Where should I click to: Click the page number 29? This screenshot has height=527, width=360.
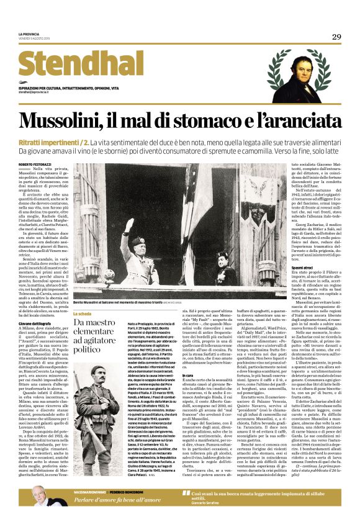point(336,37)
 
